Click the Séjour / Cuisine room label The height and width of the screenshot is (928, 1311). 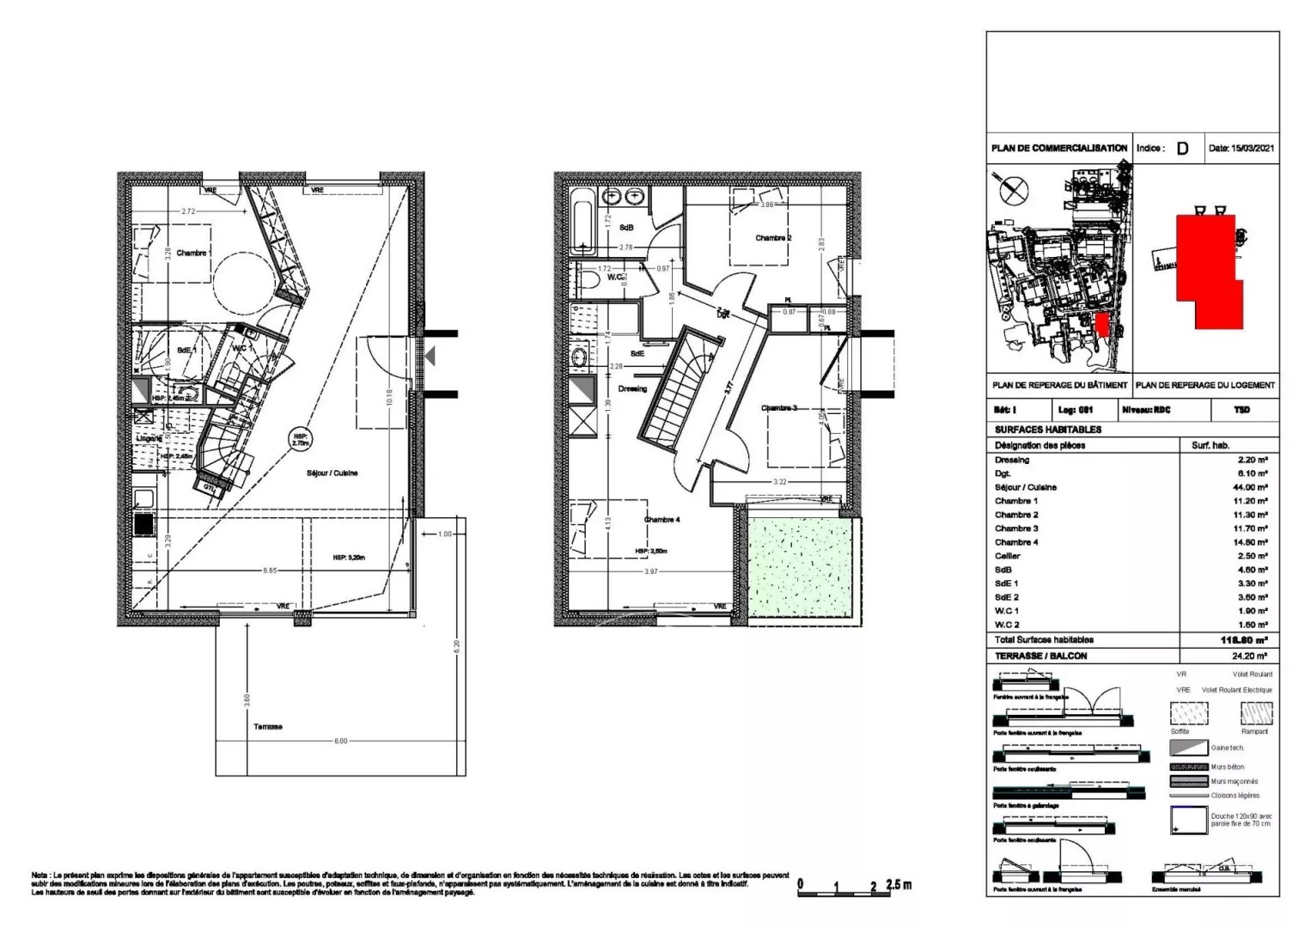tap(332, 473)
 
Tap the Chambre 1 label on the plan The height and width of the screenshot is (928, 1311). tap(192, 253)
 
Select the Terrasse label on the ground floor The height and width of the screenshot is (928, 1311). tap(267, 727)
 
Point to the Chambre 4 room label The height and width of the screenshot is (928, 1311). tap(662, 520)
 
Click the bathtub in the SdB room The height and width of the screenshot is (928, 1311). tap(582, 221)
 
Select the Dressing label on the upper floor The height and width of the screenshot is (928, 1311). tap(632, 389)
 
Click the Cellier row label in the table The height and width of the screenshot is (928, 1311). tap(1008, 556)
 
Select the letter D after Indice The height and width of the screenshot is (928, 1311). tap(1182, 149)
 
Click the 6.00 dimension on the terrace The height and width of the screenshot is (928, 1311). tap(341, 741)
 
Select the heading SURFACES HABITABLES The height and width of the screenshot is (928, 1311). tap(1047, 430)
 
